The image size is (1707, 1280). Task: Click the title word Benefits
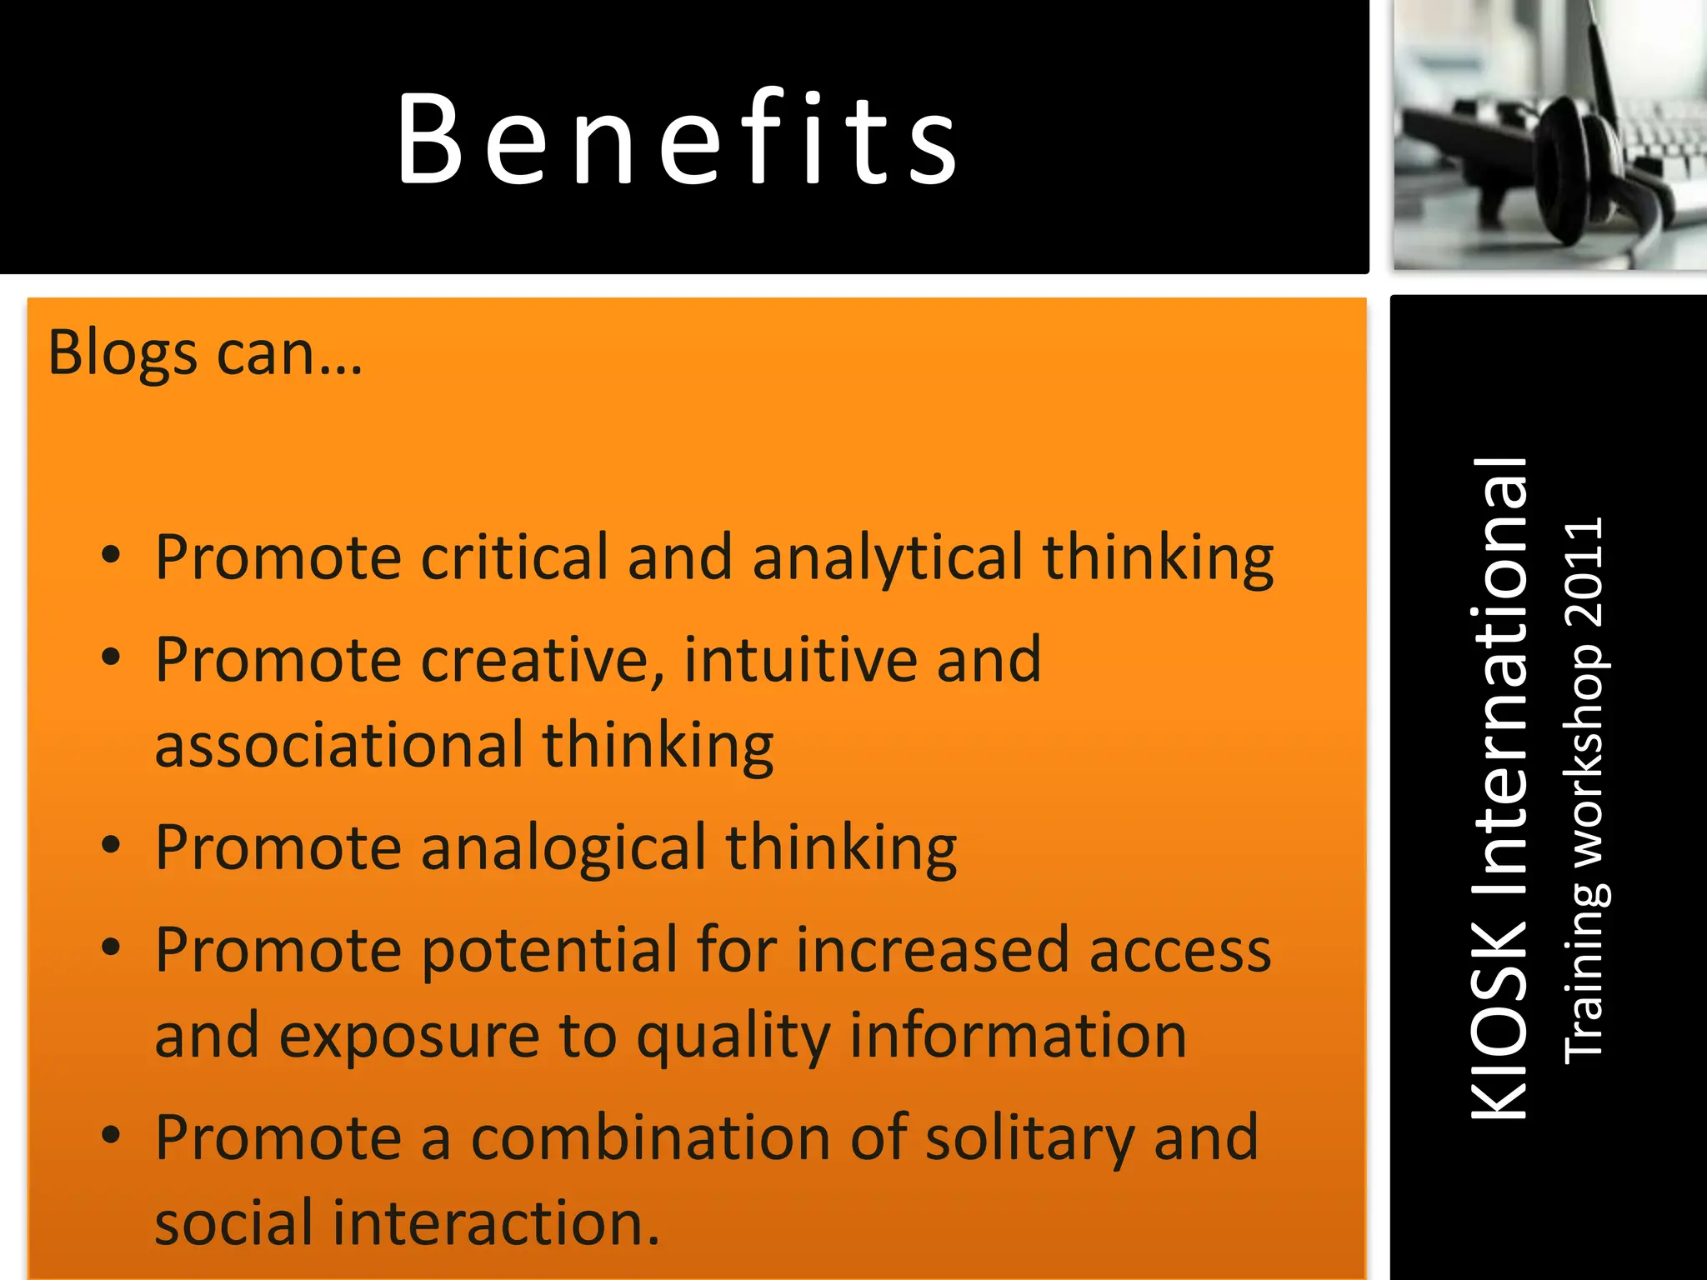point(677,138)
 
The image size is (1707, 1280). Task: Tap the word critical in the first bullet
point(514,557)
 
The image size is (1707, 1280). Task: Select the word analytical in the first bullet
point(887,558)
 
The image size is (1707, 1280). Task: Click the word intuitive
point(800,659)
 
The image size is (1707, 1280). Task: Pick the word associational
point(339,744)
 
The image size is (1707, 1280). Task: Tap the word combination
point(650,1138)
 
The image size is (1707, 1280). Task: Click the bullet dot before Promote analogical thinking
point(111,845)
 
